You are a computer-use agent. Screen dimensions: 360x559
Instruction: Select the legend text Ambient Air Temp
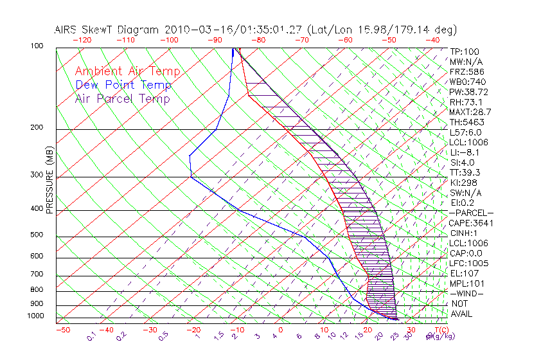coord(127,71)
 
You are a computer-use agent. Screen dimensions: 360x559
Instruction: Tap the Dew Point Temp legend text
coord(123,85)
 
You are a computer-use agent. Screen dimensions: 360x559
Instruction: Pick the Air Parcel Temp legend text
coord(122,98)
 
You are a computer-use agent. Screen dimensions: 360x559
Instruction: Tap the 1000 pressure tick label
coord(36,316)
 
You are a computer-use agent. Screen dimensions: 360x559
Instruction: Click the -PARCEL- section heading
coord(471,213)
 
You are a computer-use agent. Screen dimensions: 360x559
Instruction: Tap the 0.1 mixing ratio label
coord(91,336)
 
